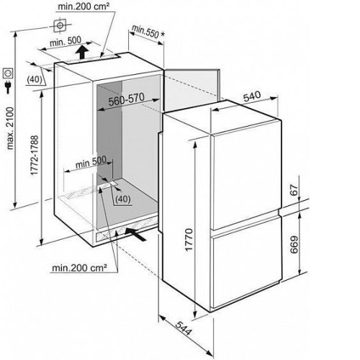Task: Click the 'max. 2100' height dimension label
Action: (x=10, y=129)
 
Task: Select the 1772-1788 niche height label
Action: (x=35, y=156)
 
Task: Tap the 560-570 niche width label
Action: (x=127, y=99)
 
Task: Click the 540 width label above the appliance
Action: (x=252, y=96)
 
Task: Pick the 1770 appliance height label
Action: (x=189, y=240)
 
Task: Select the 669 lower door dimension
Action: (x=294, y=245)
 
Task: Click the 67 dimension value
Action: (x=294, y=190)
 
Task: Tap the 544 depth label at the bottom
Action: (x=184, y=328)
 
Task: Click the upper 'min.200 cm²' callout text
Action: (x=84, y=6)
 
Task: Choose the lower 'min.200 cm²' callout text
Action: (x=79, y=268)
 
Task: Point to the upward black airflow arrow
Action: (x=82, y=52)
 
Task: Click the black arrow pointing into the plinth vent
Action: (x=135, y=234)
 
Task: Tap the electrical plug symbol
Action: (x=8, y=87)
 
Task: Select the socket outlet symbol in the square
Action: (x=8, y=73)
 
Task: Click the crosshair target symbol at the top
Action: (x=60, y=25)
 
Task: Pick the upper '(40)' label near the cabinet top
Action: (x=35, y=79)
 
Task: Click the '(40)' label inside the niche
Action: (x=123, y=199)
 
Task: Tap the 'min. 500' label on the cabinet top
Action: (x=66, y=41)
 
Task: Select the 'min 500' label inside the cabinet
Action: (x=91, y=162)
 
